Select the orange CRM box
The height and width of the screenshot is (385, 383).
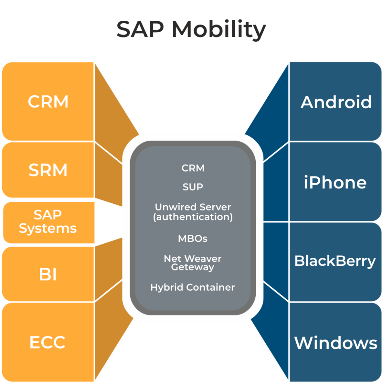point(48,102)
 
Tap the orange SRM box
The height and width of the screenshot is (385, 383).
point(48,170)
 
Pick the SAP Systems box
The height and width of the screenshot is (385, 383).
point(48,222)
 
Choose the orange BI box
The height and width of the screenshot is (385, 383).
point(48,274)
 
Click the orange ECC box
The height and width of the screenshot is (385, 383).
point(48,342)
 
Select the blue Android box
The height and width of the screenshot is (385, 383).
point(336,102)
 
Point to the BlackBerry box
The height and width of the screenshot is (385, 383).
point(335,261)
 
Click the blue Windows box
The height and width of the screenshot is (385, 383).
point(336,343)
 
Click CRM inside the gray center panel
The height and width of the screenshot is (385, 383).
point(193,168)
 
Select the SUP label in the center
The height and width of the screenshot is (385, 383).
point(193,187)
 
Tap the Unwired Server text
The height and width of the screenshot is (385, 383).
point(193,207)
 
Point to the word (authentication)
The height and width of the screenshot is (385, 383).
point(193,217)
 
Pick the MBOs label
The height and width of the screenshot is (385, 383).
point(193,238)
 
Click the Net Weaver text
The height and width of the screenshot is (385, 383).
point(193,259)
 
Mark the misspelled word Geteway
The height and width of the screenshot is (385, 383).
point(193,267)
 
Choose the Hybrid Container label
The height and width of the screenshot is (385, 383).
point(193,287)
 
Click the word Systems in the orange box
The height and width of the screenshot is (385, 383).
point(48,228)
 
